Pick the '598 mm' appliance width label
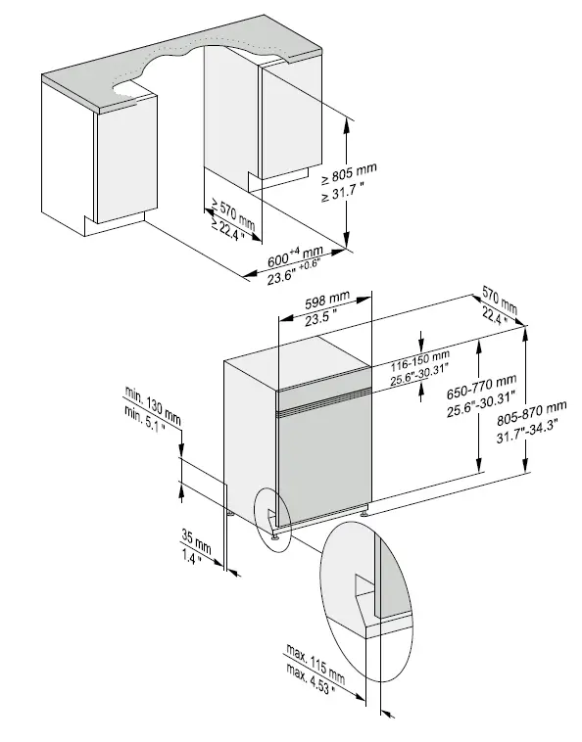[325, 299]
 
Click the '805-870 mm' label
[531, 408]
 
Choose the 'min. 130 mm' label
[152, 404]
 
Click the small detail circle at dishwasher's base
[273, 518]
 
